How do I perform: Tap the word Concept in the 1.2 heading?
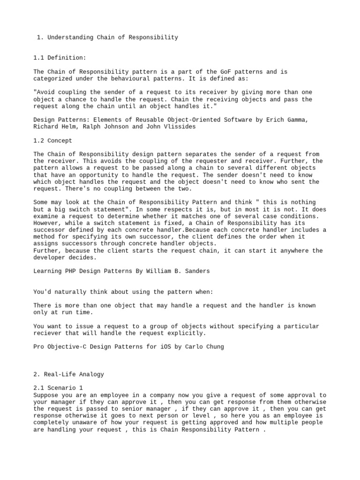[x=59, y=141]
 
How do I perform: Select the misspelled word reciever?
[x=48, y=333]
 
